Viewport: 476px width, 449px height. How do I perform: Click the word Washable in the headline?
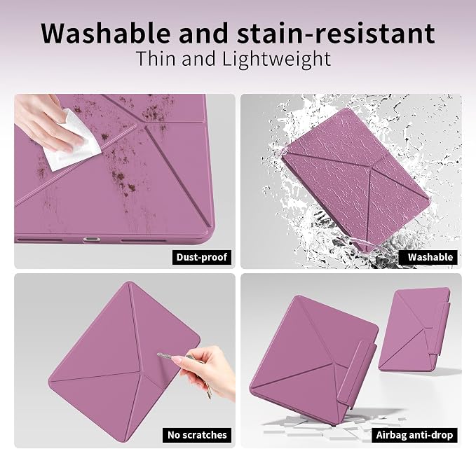[x=105, y=33]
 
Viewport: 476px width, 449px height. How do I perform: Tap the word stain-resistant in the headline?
[x=336, y=33]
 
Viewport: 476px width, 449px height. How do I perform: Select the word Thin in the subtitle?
[x=156, y=59]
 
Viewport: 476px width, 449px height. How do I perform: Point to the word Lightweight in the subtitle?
[x=276, y=60]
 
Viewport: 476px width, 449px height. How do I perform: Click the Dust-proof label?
[x=202, y=257]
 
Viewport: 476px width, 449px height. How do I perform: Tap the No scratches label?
[x=197, y=435]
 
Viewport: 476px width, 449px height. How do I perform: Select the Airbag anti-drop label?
[x=414, y=435]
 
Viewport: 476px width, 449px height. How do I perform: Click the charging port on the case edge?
[x=92, y=240]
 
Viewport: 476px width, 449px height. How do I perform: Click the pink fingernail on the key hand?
[x=177, y=360]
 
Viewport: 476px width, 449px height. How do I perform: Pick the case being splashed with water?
[x=357, y=179]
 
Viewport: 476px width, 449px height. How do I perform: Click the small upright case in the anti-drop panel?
[x=414, y=329]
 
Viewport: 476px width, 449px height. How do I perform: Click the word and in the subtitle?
[x=198, y=59]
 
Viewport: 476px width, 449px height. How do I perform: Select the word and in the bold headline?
[x=203, y=33]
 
